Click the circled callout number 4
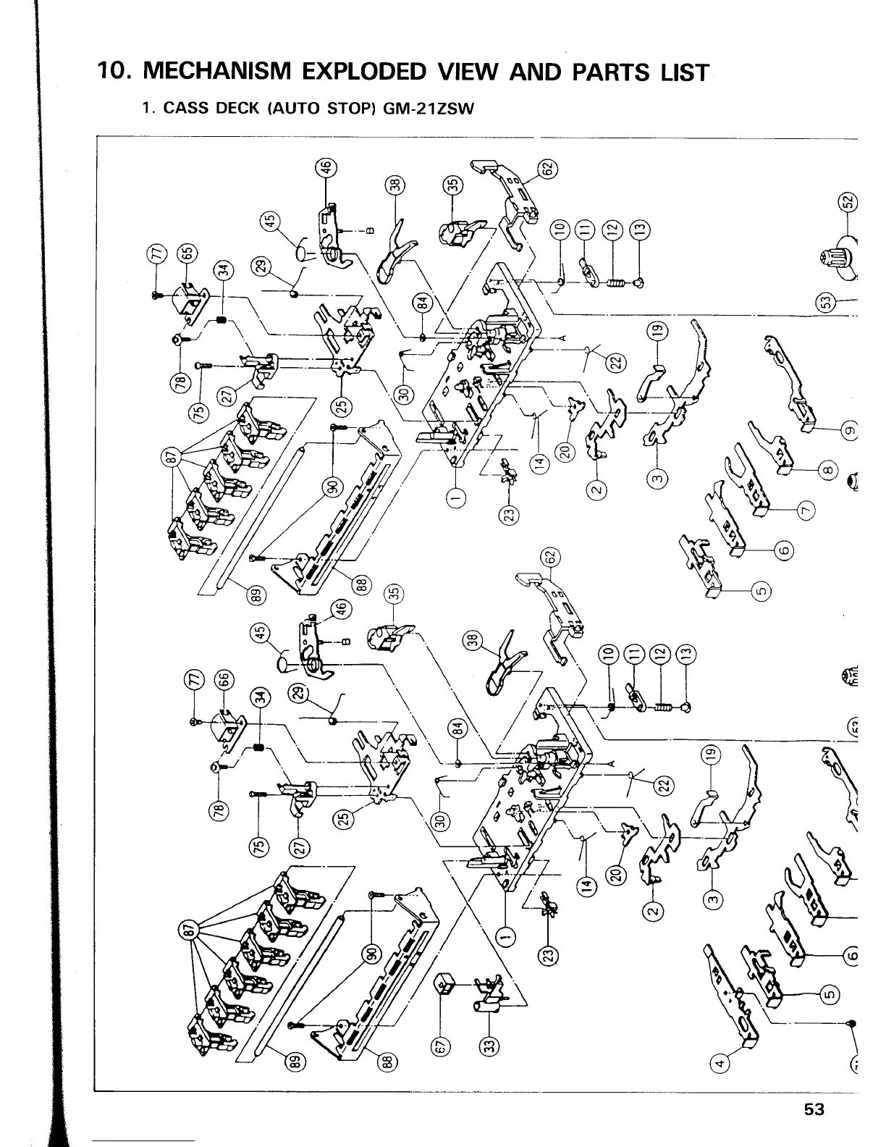pyautogui.click(x=720, y=1063)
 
